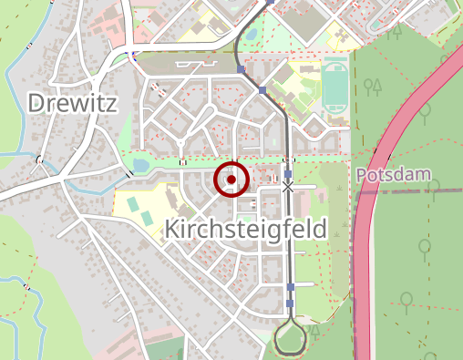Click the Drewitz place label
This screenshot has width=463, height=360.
(73, 103)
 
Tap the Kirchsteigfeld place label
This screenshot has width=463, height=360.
(245, 231)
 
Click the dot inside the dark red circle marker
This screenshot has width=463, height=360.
(231, 180)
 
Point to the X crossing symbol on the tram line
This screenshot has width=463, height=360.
(289, 187)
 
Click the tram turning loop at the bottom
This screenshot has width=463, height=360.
(290, 340)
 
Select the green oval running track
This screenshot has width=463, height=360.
(334, 83)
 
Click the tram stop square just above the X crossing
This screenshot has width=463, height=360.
(289, 173)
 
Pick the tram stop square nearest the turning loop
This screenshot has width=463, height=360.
(290, 288)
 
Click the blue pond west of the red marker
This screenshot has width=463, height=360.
(140, 165)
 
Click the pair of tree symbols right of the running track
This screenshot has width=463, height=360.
(372, 87)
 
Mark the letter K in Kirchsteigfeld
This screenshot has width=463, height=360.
(174, 231)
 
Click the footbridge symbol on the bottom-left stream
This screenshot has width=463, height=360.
(27, 287)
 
